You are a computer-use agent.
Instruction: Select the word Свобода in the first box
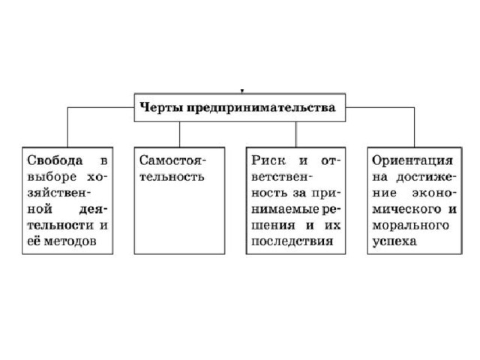(x=55, y=160)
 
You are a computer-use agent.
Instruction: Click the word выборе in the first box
(x=52, y=177)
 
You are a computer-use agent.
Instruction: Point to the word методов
(x=70, y=241)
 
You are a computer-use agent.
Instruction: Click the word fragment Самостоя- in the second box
(x=172, y=160)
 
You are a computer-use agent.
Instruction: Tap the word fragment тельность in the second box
(x=172, y=177)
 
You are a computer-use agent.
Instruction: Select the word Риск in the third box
(x=268, y=160)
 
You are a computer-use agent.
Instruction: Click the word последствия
(x=292, y=241)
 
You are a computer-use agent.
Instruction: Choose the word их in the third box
(x=332, y=225)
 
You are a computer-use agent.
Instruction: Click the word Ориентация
(x=412, y=160)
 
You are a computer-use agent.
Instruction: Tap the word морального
(x=410, y=226)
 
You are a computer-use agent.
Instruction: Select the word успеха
(x=394, y=241)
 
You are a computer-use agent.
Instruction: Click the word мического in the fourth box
(x=406, y=209)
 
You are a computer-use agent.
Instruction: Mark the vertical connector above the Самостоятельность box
(x=179, y=134)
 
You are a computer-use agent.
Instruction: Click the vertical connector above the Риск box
(x=295, y=134)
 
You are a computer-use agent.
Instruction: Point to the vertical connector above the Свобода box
(x=67, y=127)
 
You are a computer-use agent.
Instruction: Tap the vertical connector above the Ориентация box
(x=414, y=127)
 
